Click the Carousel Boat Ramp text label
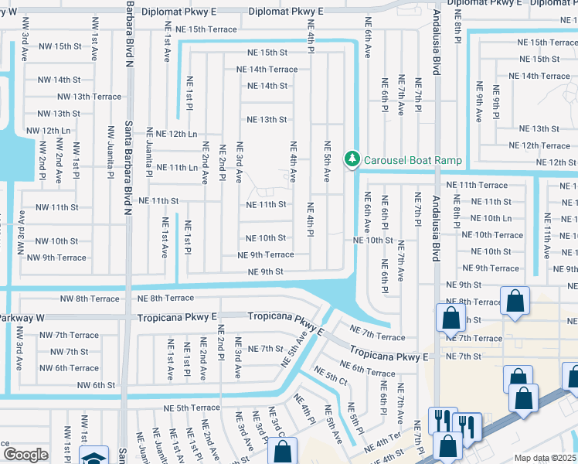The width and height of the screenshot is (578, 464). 413,160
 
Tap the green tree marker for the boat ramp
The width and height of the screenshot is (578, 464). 353,159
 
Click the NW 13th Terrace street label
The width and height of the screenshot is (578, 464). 90,97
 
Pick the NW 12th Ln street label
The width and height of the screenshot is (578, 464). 48,131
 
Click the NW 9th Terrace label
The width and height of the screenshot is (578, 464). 61,258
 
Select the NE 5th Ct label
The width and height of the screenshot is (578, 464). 331,377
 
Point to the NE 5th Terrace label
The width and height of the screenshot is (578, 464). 192,408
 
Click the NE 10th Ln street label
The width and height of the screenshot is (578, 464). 491,219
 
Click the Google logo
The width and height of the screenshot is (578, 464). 25,455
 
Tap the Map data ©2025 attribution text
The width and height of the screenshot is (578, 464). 544,458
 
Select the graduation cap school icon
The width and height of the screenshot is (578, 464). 93,456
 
